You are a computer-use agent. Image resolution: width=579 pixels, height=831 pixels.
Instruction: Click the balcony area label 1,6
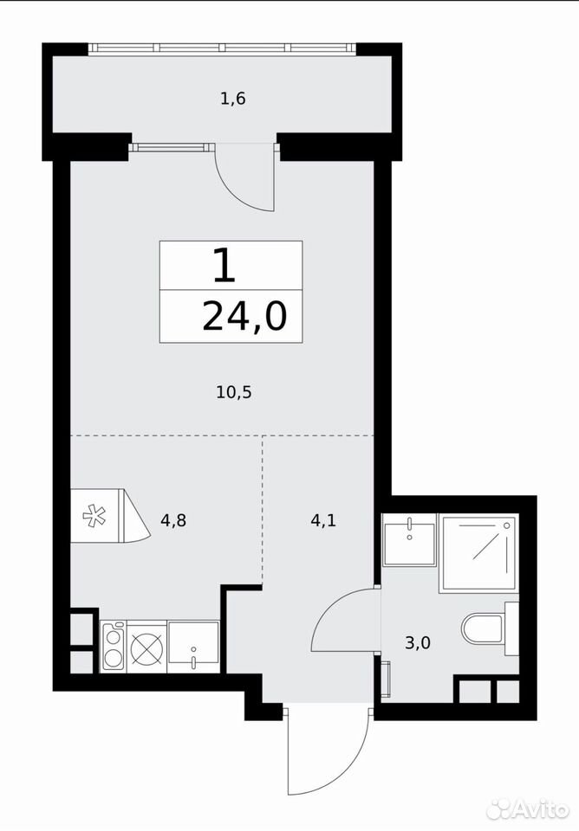pos(233,99)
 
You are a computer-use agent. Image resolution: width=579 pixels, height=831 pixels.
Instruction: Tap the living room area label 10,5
pos(233,393)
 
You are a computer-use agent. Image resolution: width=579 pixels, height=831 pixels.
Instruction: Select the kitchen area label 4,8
pos(173,520)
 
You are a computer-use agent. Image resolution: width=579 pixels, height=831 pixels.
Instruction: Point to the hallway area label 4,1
pos(323,520)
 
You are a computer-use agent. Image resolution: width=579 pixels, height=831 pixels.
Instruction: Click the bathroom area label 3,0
pos(418,643)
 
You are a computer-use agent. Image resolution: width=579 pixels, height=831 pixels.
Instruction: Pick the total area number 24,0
pos(244,317)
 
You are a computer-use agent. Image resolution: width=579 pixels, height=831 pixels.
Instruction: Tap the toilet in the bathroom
pos(490,628)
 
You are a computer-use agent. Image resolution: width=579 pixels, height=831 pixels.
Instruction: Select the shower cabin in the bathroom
pos(478,553)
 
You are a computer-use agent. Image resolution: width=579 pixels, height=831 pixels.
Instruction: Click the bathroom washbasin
pos(409,539)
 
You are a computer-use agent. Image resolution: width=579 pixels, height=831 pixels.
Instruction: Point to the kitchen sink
pos(193,647)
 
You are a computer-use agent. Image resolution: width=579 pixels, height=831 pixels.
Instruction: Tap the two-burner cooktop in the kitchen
pos(113,647)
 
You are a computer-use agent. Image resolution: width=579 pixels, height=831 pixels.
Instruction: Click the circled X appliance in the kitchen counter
pos(146,647)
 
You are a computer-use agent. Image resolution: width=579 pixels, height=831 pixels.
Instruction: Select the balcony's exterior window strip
pos(221,48)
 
